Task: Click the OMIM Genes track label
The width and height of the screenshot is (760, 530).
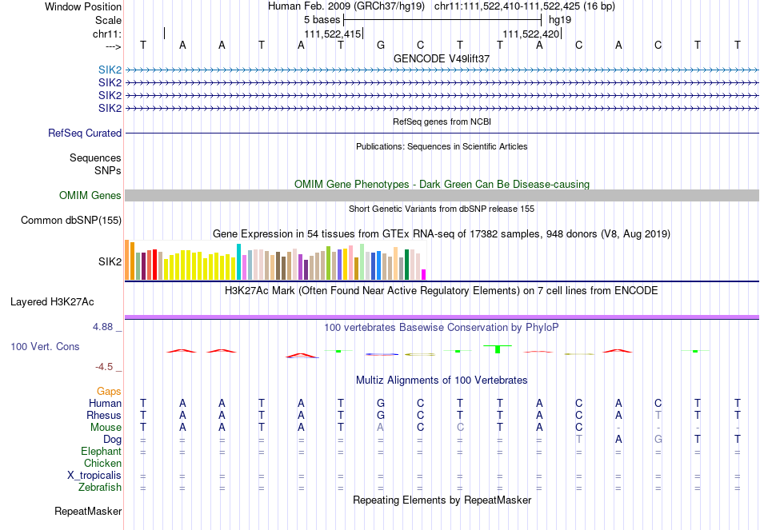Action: (x=90, y=196)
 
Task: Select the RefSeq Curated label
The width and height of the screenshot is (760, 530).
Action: (x=85, y=133)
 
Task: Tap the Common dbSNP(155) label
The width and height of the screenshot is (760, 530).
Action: (x=71, y=220)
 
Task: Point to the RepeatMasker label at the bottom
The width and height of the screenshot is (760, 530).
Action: (x=88, y=511)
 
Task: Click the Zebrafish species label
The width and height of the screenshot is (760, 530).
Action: (x=99, y=488)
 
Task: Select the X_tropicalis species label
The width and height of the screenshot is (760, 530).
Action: (x=94, y=476)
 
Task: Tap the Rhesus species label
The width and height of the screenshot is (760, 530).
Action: (x=104, y=416)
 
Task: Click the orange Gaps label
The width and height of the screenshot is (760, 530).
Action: (x=109, y=392)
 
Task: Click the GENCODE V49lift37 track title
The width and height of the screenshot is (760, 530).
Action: (x=442, y=58)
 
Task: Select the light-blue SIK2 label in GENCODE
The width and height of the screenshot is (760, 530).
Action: (x=110, y=70)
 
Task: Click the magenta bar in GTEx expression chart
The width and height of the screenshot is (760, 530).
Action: (x=424, y=274)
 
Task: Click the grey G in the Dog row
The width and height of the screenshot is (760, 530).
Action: (x=658, y=440)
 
